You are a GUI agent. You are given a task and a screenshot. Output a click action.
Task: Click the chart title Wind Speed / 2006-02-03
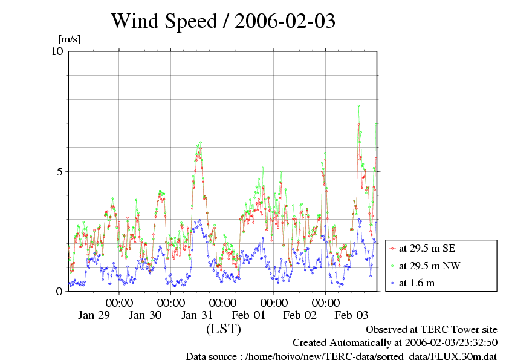(223, 21)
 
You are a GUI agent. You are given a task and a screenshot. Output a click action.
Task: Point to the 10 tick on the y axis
(57, 51)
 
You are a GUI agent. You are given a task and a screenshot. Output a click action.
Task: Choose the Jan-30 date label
(145, 315)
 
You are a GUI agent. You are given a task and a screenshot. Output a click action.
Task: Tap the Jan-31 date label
(197, 315)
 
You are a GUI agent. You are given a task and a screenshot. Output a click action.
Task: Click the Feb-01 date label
(248, 315)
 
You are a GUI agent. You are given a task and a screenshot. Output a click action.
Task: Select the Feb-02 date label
(300, 315)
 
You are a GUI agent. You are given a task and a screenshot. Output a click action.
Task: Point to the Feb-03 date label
(351, 315)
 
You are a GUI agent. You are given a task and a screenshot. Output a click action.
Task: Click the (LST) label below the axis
(223, 330)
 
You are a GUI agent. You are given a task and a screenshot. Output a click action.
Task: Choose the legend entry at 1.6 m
(417, 283)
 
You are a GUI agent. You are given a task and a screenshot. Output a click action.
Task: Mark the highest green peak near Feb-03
(358, 106)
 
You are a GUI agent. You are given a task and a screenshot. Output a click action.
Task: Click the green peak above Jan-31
(200, 142)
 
